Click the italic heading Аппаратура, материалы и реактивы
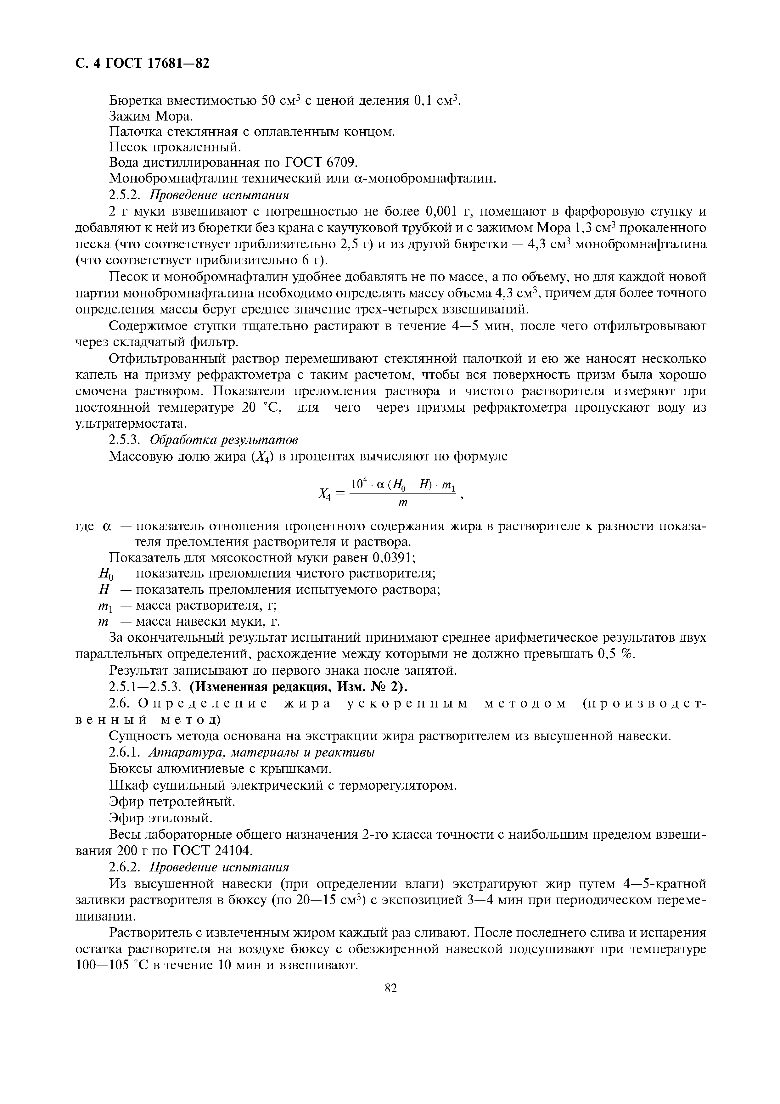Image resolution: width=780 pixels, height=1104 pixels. click(262, 752)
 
